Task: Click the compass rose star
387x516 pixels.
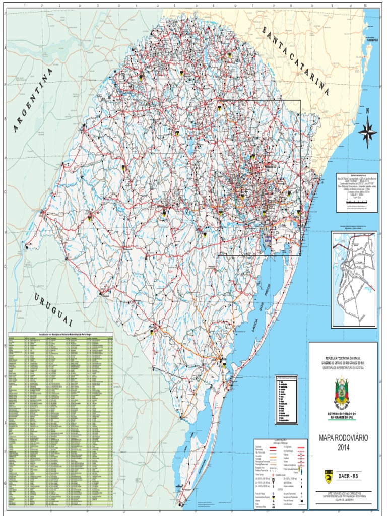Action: click(x=367, y=132)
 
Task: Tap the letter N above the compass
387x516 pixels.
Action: click(x=368, y=111)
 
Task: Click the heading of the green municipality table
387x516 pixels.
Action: click(x=60, y=335)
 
